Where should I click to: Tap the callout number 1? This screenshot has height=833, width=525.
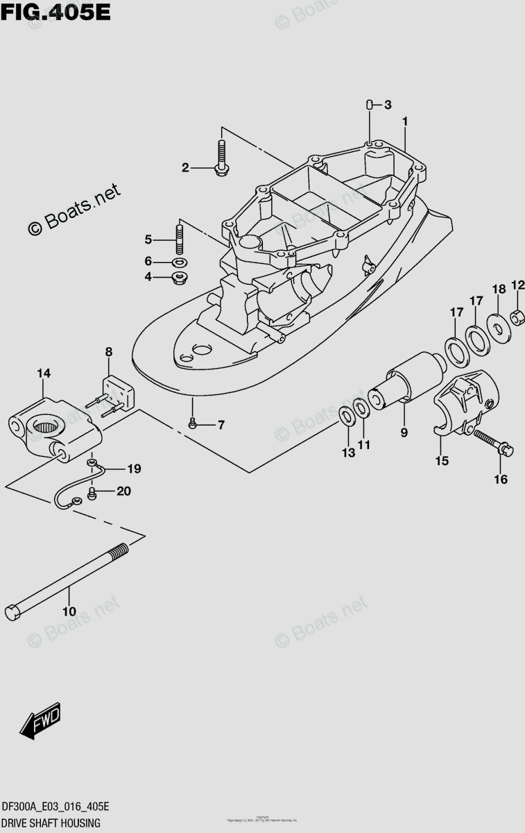[404, 121]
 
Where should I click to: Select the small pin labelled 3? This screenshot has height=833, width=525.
[370, 105]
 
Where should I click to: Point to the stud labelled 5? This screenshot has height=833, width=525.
[180, 237]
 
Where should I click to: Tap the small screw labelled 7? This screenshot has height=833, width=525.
[193, 423]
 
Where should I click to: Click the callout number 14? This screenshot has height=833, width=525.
[44, 373]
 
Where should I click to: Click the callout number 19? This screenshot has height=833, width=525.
[133, 469]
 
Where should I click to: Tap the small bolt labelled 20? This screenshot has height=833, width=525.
[93, 493]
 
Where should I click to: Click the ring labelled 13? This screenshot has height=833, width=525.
[345, 416]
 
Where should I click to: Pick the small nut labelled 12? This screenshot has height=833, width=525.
[517, 317]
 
